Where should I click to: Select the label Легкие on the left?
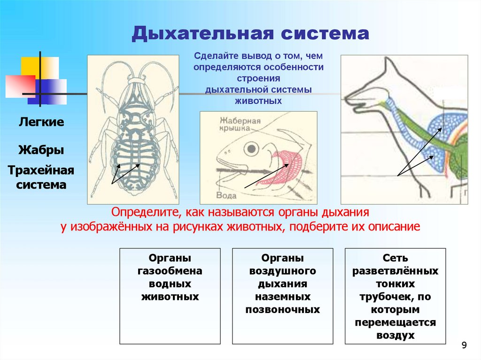(41, 122)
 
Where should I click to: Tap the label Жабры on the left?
(41, 151)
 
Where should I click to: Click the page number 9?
(464, 346)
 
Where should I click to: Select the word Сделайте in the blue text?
(216, 56)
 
